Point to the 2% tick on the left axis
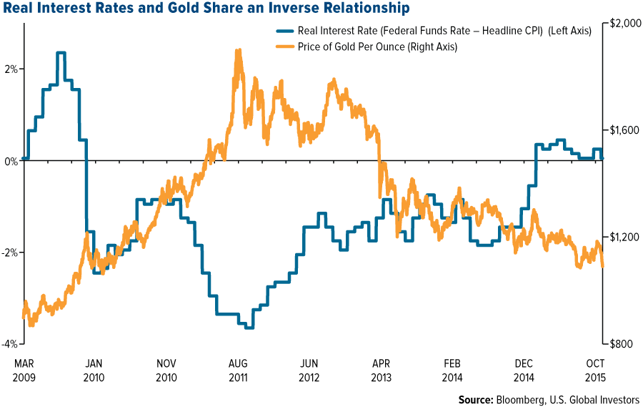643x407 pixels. click(x=11, y=69)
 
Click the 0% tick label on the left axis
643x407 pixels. click(x=9, y=161)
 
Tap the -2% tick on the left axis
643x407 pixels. click(x=9, y=252)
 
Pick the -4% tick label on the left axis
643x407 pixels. click(x=9, y=344)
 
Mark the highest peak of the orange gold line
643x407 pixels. click(x=238, y=50)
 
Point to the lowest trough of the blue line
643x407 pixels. click(x=249, y=327)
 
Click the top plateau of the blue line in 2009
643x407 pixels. click(x=61, y=53)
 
